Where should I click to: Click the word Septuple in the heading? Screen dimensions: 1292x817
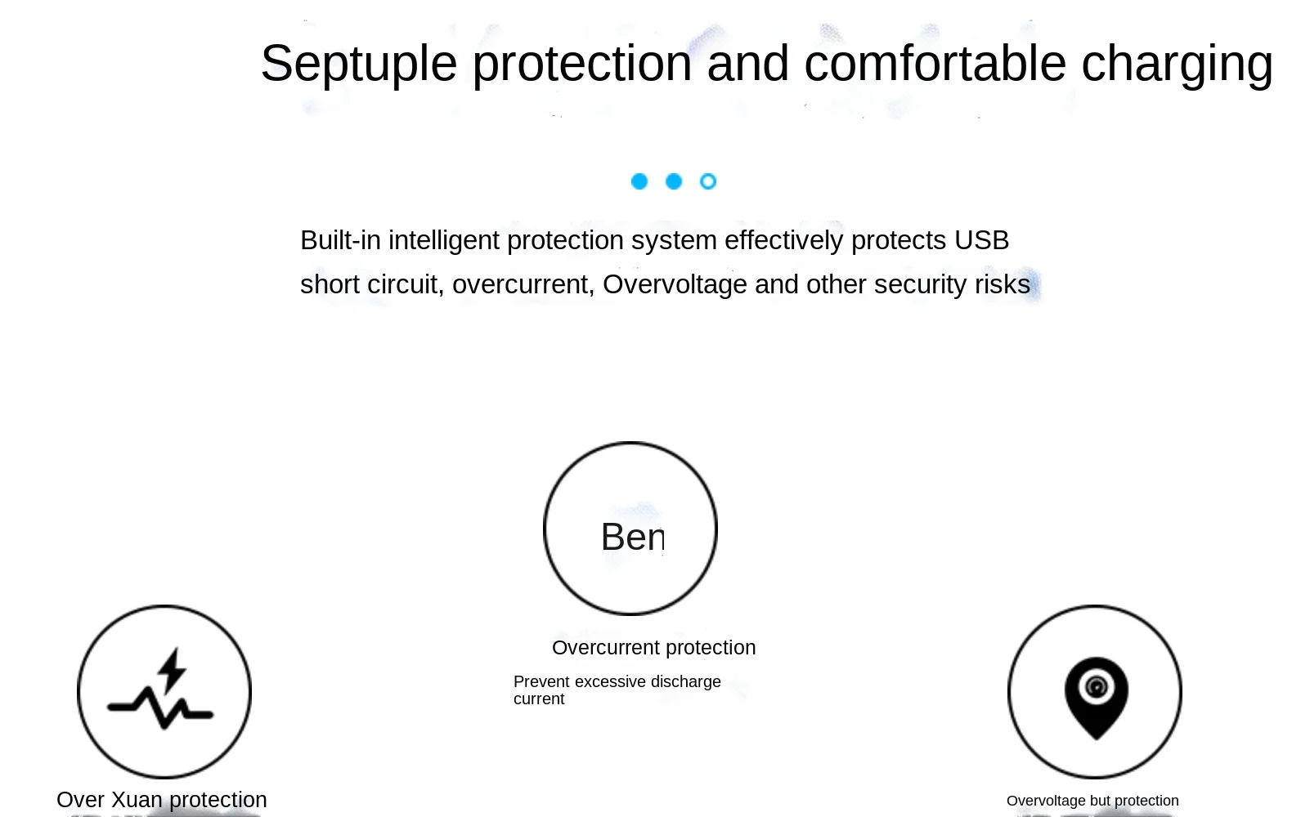point(359,65)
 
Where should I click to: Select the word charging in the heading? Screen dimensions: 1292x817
point(1177,65)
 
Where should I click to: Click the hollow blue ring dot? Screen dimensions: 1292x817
point(707,181)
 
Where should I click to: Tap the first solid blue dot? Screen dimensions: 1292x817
point(639,181)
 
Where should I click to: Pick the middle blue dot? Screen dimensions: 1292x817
point(674,181)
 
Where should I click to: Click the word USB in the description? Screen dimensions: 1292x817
point(982,240)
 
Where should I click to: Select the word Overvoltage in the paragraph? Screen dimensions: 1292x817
point(675,284)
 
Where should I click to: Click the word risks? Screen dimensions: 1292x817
point(1003,284)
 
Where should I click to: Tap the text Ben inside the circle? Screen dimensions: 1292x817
point(633,537)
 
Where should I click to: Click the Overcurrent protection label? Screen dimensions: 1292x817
point(653,648)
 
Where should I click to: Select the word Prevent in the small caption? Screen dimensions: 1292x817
point(541,681)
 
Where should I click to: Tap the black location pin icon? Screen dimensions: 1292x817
point(1096,698)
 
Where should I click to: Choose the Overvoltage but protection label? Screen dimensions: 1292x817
point(1092,801)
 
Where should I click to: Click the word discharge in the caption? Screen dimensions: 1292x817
point(686,681)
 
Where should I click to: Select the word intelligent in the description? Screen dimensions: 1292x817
point(443,240)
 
